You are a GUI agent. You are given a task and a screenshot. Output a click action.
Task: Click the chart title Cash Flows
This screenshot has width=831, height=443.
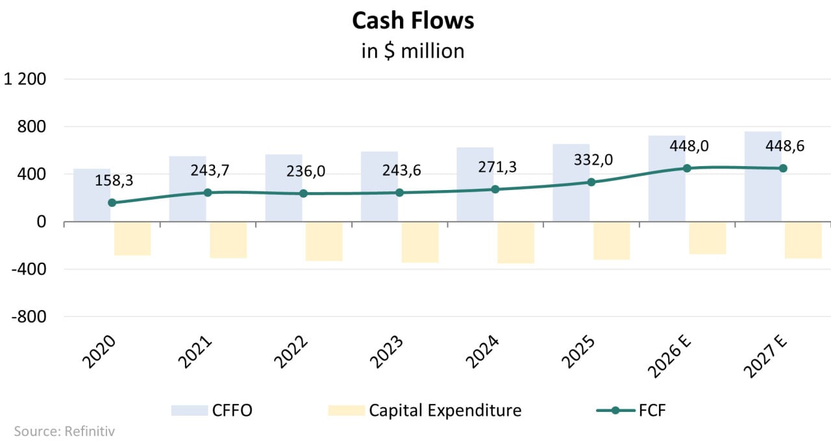coord(413,21)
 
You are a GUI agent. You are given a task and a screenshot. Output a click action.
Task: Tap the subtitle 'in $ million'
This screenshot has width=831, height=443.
coord(413,51)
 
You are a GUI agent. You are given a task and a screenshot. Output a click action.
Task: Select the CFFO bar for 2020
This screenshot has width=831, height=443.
coord(92,195)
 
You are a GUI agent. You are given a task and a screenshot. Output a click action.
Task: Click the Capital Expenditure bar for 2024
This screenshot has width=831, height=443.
coord(515,242)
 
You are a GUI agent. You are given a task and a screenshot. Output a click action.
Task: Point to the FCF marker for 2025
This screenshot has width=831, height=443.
coord(591,182)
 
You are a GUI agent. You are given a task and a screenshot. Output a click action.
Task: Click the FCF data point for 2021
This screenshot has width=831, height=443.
coord(208,193)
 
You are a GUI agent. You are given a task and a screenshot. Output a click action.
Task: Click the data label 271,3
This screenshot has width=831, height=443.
coord(495,167)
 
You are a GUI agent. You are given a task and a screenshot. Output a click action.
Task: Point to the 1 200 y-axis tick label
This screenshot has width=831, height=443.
coord(25,79)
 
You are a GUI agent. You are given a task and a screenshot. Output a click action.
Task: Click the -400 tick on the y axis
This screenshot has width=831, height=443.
coord(29,269)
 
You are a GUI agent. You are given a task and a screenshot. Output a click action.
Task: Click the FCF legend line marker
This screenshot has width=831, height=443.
coord(615,410)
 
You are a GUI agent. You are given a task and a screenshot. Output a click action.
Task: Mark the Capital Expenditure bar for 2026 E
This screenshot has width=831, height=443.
coord(707,237)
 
